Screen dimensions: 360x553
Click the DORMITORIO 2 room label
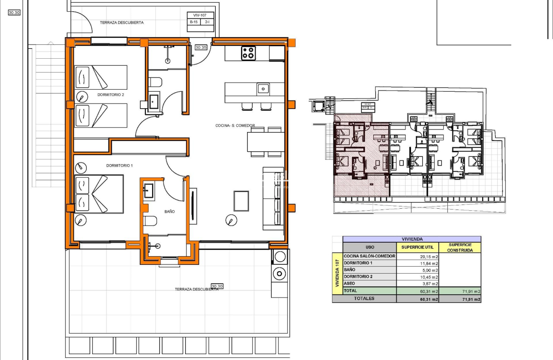(x=111, y=95)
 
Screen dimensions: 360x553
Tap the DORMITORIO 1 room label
(x=119, y=166)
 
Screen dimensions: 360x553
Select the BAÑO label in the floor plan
(x=170, y=212)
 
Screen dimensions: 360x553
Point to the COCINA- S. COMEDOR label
(x=235, y=125)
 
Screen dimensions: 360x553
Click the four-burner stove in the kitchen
(x=248, y=54)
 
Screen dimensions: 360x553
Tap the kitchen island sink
(x=263, y=88)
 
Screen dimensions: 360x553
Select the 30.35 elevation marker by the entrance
(x=201, y=48)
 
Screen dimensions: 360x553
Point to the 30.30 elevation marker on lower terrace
(x=217, y=286)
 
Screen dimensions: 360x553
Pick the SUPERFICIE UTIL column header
(x=417, y=247)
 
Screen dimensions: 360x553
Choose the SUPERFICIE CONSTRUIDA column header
(x=460, y=247)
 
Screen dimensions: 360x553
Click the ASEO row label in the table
(x=349, y=284)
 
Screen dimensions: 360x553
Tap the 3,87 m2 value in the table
(x=429, y=284)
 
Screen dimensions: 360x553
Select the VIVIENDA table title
(x=411, y=239)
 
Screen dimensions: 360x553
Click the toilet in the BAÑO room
(x=150, y=221)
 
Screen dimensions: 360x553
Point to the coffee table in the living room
(x=241, y=201)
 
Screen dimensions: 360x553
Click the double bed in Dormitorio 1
(x=99, y=194)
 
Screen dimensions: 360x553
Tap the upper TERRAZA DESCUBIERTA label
(x=121, y=23)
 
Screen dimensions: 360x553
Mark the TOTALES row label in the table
(x=364, y=299)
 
